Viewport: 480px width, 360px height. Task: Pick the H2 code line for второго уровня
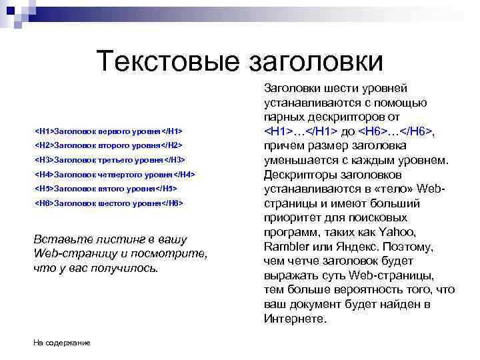pyautogui.click(x=109, y=145)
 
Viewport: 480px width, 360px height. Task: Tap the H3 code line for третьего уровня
pyautogui.click(x=110, y=159)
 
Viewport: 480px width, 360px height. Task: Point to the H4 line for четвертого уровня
pyautogui.click(x=115, y=174)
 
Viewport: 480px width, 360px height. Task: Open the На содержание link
pyautogui.click(x=62, y=343)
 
